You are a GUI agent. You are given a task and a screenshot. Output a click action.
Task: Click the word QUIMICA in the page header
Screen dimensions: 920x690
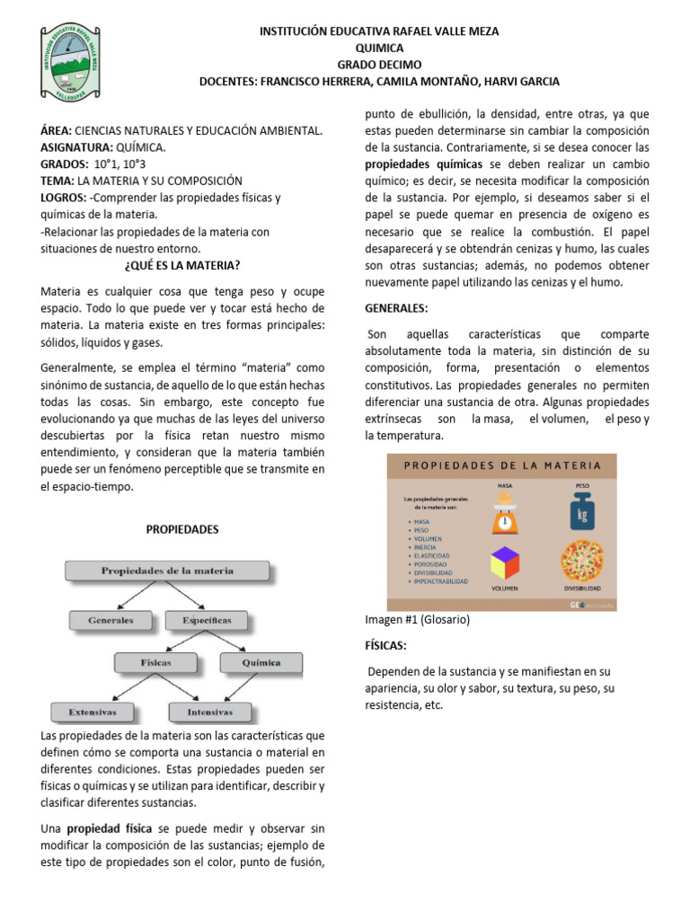(x=379, y=48)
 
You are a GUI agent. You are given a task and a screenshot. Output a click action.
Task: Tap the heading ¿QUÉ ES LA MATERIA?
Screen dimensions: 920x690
(x=181, y=265)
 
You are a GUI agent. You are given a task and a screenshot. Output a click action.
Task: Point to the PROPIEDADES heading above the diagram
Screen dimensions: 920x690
(x=182, y=529)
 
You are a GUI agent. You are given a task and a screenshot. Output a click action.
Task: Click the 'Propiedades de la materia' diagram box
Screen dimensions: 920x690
(x=167, y=571)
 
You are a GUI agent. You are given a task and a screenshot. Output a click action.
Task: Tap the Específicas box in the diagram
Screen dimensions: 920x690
(x=208, y=620)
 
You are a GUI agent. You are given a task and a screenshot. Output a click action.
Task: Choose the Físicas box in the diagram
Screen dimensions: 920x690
(x=155, y=663)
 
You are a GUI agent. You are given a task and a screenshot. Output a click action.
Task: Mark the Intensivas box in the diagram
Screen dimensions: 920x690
(x=209, y=712)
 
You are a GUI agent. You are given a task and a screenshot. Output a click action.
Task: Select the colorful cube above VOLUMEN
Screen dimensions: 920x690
(x=505, y=563)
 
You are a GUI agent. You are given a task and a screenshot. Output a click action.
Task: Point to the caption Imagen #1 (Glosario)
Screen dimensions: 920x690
(x=417, y=620)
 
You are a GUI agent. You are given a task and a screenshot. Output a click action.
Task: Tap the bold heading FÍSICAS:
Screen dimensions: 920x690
(x=386, y=646)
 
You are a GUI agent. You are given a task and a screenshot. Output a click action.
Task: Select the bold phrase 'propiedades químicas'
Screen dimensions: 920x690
(x=422, y=164)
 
